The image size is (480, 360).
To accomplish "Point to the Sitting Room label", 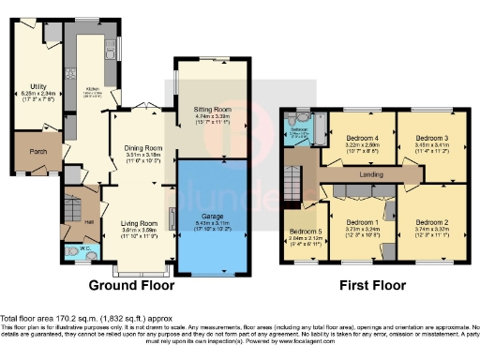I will [210, 109].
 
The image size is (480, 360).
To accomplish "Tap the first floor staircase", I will [297, 178].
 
